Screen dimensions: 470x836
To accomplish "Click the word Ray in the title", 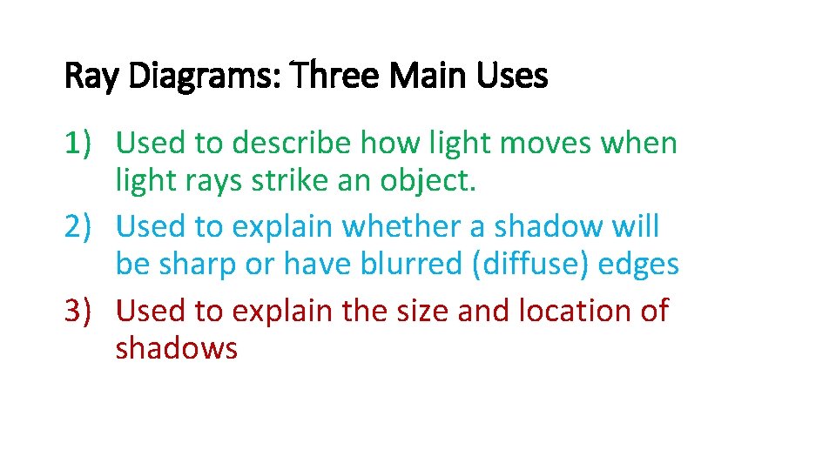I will coord(93,77).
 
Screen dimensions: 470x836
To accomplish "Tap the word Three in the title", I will coord(336,77).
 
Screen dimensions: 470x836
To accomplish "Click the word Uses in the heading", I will coord(514,77).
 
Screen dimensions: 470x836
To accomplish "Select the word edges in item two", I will coord(640,264).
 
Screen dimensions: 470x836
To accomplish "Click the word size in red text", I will coord(420,310).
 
